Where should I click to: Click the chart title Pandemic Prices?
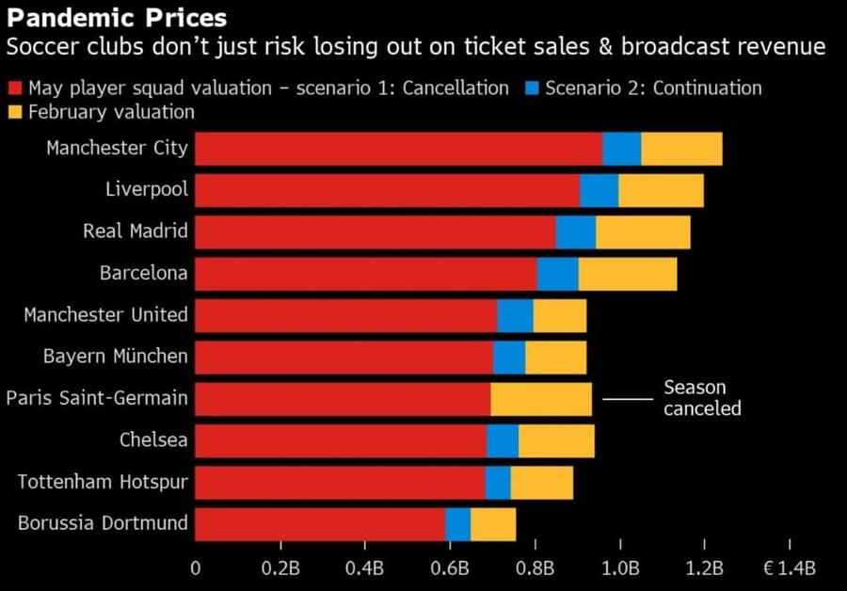117,18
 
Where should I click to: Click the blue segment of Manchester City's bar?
622,149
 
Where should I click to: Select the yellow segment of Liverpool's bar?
662,190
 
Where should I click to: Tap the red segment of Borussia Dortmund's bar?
320,524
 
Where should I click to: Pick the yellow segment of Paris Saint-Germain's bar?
541,399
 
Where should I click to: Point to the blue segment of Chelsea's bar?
503,440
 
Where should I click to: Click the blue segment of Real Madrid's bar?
576,232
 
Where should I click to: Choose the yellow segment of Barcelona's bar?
628,274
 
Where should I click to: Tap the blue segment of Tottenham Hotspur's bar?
498,483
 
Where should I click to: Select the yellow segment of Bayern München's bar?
556,357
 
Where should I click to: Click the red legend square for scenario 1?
15,88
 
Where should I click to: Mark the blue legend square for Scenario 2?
532,88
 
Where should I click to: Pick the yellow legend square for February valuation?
15,112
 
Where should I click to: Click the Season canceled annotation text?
702,397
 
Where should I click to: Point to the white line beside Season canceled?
628,399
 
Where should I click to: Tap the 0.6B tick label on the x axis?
450,568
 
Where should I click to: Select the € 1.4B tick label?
790,568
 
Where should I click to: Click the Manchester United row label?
105,314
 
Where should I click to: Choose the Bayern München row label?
116,356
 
